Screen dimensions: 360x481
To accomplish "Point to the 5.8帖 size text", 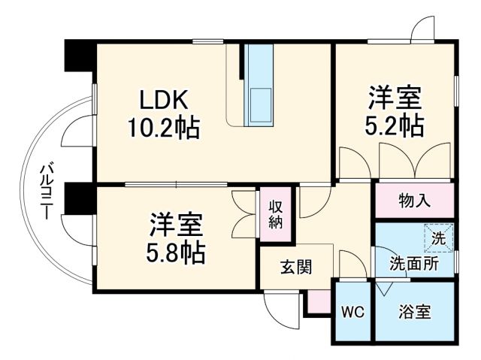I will [x=175, y=253].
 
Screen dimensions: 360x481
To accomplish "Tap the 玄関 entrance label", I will [x=297, y=267].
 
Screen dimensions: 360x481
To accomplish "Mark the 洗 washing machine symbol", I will [x=437, y=239].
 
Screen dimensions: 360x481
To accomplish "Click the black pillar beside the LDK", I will [x=79, y=56].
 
